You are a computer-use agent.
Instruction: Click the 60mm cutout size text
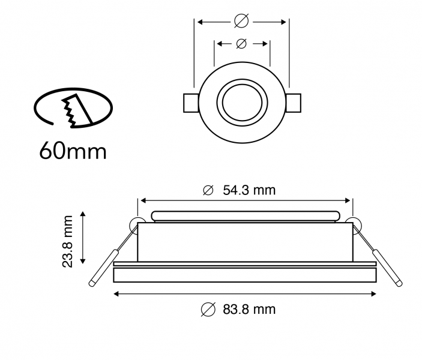73,149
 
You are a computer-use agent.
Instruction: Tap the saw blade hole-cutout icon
73,108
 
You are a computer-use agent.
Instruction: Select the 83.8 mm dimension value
249,310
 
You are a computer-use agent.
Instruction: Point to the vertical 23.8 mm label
68,241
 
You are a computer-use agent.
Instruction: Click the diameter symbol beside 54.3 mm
208,191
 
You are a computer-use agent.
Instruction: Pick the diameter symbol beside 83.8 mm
208,310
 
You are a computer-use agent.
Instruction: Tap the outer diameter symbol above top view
241,21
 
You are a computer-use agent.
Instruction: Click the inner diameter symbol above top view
241,43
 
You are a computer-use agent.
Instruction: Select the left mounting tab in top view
191,102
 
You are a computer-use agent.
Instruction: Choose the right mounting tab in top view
294,102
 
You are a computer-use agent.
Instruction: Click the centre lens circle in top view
242,101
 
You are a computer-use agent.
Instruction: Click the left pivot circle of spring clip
136,224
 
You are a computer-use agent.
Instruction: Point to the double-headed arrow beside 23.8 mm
83,241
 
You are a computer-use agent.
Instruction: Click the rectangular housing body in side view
244,242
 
